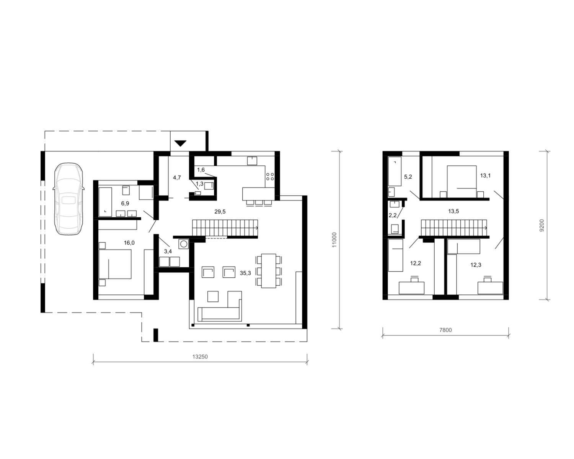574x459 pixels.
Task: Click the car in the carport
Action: click(x=68, y=199)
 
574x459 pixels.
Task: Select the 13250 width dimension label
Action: click(x=200, y=356)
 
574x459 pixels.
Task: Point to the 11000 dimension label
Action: click(x=334, y=240)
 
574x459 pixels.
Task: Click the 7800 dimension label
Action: click(x=445, y=330)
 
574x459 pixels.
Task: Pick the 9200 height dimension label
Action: click(x=542, y=225)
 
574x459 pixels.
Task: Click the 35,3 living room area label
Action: click(x=245, y=273)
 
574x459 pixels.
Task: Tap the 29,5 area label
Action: click(x=220, y=212)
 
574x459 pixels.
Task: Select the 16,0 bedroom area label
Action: click(x=129, y=243)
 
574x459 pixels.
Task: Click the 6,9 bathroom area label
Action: click(x=125, y=203)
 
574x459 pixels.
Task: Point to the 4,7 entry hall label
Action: click(x=177, y=177)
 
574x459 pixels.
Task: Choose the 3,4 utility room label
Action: click(x=168, y=251)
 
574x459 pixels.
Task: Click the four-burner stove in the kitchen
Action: click(x=270, y=177)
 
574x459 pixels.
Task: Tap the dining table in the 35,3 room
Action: click(x=269, y=271)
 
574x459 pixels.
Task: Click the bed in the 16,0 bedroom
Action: click(x=115, y=264)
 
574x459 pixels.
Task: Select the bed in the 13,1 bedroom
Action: click(x=462, y=182)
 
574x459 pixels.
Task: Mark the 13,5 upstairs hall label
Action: click(x=453, y=212)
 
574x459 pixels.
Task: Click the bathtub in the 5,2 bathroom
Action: click(x=395, y=171)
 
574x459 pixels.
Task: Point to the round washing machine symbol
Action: click(x=184, y=244)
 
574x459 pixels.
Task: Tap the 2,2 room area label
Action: click(x=393, y=215)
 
